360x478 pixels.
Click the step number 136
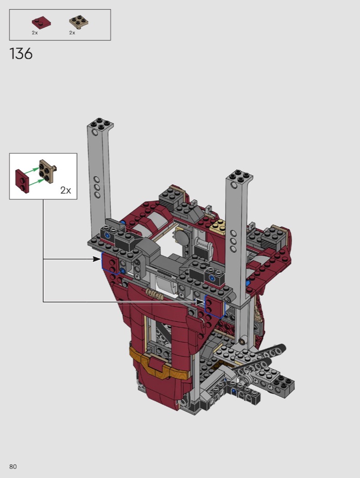[21, 54]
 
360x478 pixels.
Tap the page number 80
[13, 467]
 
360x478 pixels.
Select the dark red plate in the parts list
[41, 23]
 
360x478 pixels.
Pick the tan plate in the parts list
[79, 22]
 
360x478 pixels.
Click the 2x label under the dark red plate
[35, 33]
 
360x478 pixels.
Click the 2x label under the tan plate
[72, 33]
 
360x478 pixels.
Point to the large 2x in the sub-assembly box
[66, 190]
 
